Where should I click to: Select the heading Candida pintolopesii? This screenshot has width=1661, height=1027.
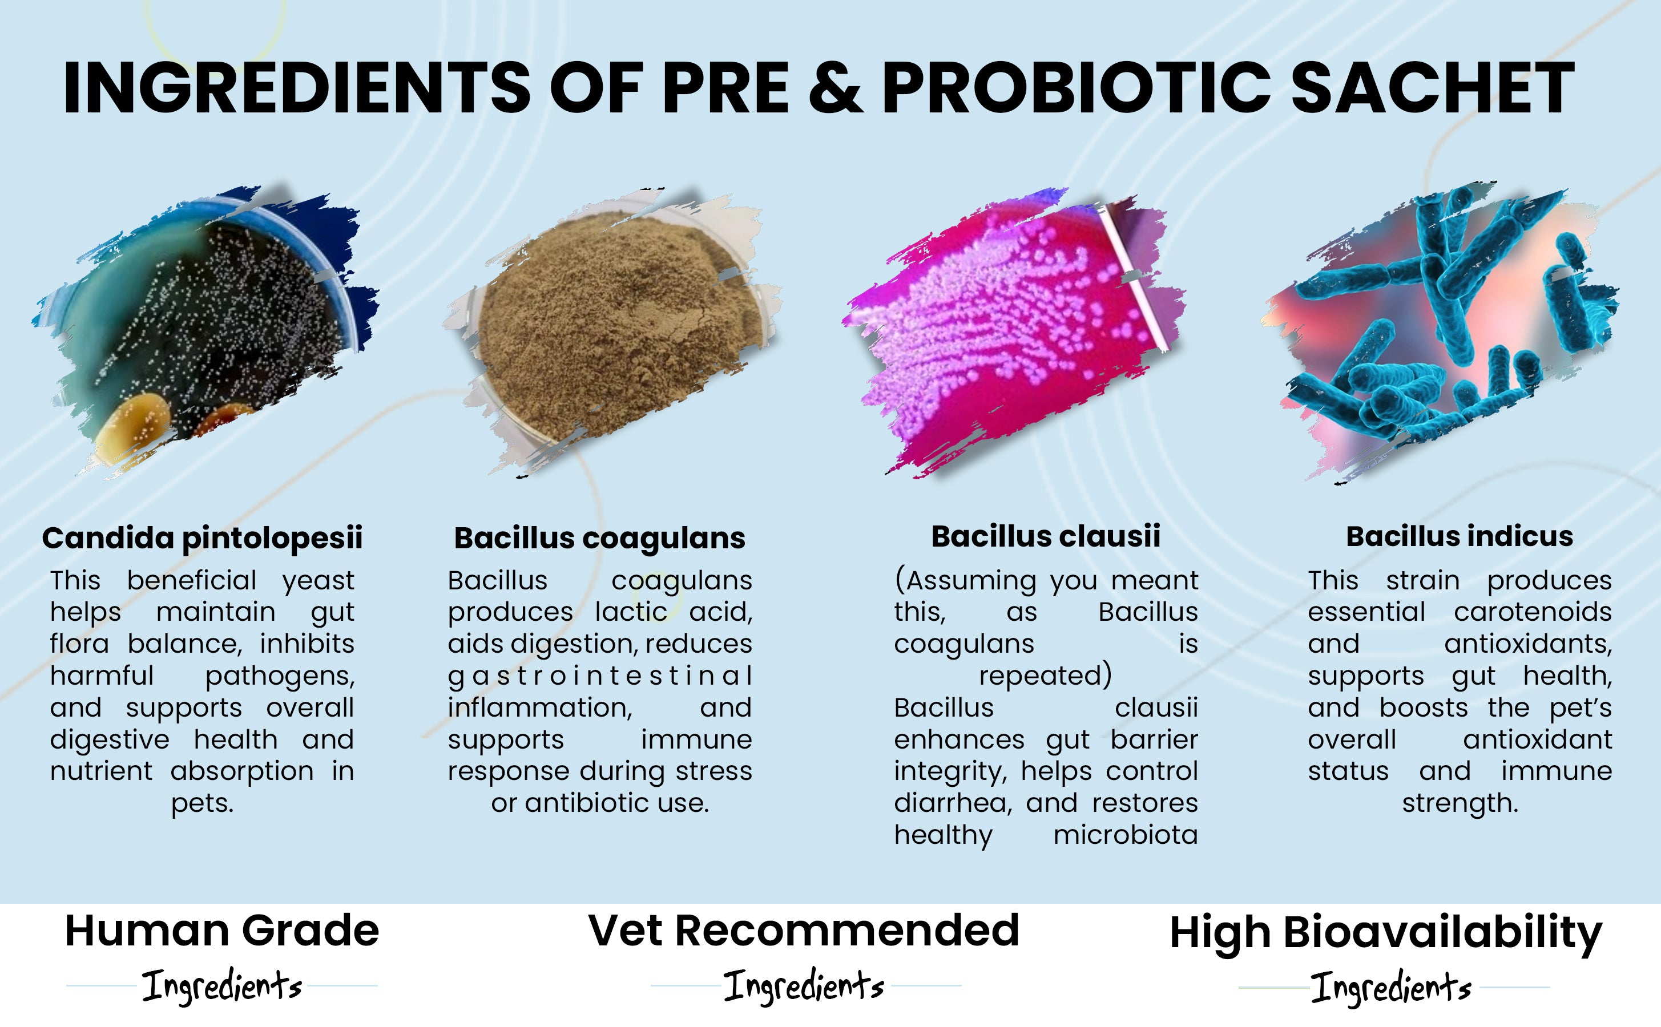coord(203,539)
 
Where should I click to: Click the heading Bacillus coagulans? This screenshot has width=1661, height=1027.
coord(600,539)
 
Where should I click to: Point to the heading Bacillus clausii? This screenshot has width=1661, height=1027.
coord(1046,536)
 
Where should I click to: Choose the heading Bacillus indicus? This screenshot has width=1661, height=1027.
coord(1460,536)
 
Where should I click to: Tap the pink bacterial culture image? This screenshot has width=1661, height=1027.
coord(1014,333)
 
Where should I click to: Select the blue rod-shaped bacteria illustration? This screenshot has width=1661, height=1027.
coord(1440,333)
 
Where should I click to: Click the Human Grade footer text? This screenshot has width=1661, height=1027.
coord(222,931)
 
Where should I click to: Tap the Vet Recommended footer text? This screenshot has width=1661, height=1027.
coord(804,931)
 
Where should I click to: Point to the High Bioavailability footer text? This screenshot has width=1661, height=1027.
coord(1386,934)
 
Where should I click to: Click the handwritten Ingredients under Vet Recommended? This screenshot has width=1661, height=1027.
coord(804,986)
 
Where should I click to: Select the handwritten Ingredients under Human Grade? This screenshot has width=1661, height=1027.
coord(222,986)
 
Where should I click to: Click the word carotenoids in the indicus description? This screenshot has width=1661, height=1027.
coord(1533,612)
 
